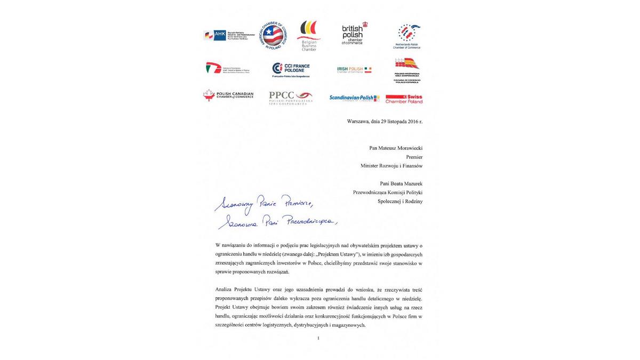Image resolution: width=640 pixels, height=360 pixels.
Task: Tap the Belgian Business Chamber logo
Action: pyautogui.click(x=309, y=35)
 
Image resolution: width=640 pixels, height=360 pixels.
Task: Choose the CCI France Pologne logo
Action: pyautogui.click(x=291, y=69)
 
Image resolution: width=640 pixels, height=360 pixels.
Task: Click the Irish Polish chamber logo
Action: pyautogui.click(x=354, y=69)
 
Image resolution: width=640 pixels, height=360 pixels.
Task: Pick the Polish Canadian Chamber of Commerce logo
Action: pyautogui.click(x=228, y=95)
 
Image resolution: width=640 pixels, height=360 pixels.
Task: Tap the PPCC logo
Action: pyautogui.click(x=290, y=98)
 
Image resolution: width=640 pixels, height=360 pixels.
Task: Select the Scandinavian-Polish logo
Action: pyautogui.click(x=354, y=98)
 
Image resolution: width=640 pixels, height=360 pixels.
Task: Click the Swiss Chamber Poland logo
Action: pyautogui.click(x=404, y=99)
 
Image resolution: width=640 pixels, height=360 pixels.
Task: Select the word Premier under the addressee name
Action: pyautogui.click(x=414, y=157)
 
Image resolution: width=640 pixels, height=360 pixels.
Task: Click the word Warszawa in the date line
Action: pyautogui.click(x=358, y=122)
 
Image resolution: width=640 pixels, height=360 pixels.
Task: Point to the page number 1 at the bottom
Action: pyautogui.click(x=318, y=338)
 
